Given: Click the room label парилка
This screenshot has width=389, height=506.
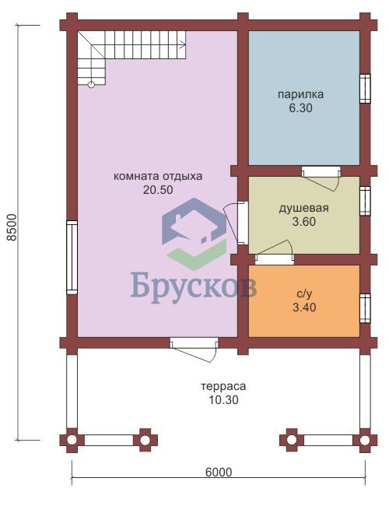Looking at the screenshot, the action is click(300, 94).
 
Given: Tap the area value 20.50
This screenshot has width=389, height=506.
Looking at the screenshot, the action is click(158, 190).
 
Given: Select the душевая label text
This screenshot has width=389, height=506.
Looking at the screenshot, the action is click(304, 208).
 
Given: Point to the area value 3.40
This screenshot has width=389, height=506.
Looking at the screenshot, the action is click(304, 307).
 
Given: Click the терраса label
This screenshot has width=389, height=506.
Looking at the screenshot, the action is click(223, 386).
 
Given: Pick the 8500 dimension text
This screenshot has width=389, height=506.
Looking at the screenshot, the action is click(12, 227).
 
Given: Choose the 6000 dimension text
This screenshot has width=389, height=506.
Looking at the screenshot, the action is click(219, 472).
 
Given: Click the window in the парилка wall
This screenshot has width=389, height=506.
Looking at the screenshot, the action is click(365, 89).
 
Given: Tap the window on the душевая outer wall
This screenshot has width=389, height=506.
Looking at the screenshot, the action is click(365, 201).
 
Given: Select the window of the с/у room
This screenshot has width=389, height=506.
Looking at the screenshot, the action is click(365, 308).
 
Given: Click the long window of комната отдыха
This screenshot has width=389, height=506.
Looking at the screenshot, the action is click(72, 258).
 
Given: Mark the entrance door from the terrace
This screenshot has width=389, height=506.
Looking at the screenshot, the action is click(194, 350).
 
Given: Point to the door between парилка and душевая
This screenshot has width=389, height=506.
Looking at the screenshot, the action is click(321, 177).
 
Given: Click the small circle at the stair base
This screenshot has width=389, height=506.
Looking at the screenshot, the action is click(91, 85).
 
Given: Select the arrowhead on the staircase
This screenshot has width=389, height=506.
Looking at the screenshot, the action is click(183, 44).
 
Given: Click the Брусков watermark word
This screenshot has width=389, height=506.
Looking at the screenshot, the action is click(194, 287).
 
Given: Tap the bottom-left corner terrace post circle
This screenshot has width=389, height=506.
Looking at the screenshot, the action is click(72, 440).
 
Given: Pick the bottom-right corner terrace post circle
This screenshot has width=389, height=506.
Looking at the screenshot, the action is click(365, 440).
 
